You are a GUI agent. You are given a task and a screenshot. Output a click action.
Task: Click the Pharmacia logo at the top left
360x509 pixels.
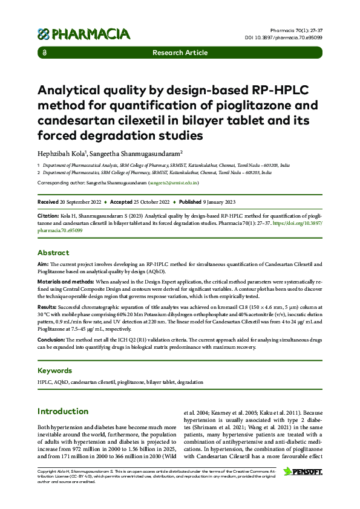click(x=83, y=33)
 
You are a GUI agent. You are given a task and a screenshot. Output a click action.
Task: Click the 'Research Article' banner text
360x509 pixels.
click(x=180, y=53)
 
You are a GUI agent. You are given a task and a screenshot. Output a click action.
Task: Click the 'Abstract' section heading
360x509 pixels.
click(x=53, y=253)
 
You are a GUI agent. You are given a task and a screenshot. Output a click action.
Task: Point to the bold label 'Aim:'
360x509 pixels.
click(x=43, y=265)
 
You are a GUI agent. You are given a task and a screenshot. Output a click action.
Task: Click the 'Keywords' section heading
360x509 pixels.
click(x=55, y=370)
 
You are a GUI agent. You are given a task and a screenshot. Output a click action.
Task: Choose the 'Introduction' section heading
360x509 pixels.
click(x=63, y=412)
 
